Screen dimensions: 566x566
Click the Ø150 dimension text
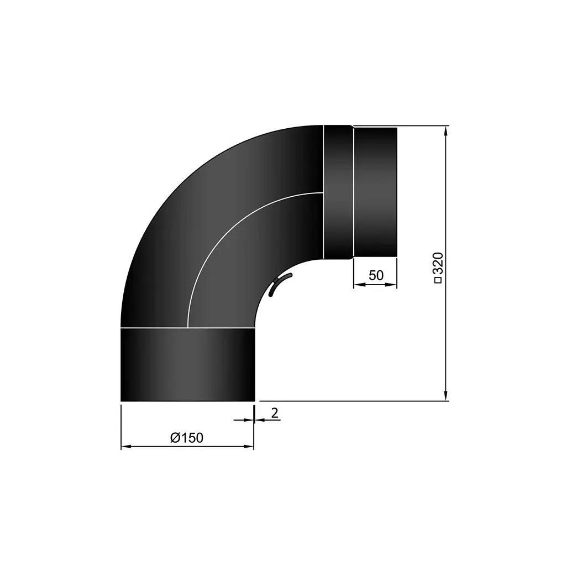coord(187,438)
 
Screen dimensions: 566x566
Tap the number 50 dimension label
coord(376,275)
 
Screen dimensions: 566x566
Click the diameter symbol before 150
coord(175,438)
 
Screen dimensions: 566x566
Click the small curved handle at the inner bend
coord(280,285)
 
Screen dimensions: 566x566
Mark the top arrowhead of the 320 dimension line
coord(446,130)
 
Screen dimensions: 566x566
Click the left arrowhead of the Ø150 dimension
coord(125,446)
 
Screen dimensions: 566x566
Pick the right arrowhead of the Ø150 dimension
coord(249,446)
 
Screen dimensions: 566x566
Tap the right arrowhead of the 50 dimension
coord(392,285)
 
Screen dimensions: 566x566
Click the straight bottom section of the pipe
coord(187,365)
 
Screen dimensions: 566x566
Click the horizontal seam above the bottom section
coord(187,328)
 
